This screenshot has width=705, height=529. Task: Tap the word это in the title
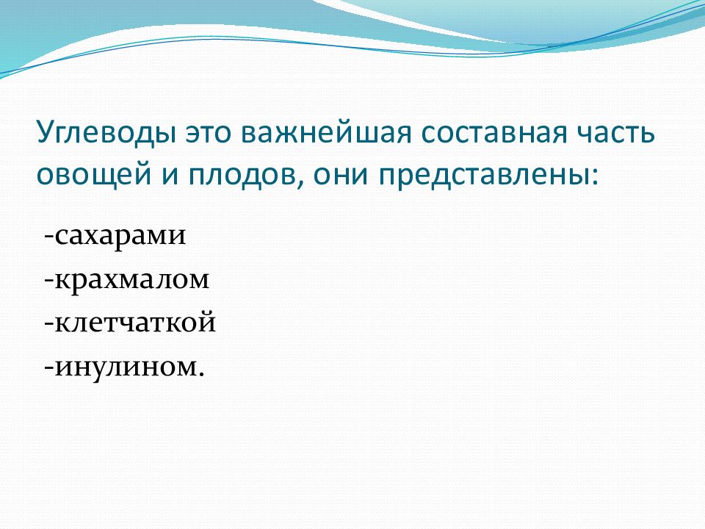coord(209,134)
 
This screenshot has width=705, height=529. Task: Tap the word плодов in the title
coord(241,175)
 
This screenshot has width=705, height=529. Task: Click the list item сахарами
coord(120,236)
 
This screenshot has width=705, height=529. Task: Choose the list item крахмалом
coord(131,280)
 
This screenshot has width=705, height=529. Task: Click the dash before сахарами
coord(49,236)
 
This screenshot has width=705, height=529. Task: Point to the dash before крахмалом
coord(49,280)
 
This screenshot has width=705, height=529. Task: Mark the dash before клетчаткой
coord(49,324)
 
